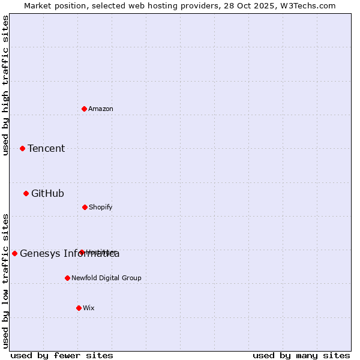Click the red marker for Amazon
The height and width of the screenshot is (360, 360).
(x=85, y=109)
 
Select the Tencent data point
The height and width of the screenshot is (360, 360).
(x=23, y=148)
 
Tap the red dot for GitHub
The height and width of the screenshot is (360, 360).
(x=26, y=193)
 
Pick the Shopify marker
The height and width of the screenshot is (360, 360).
(x=85, y=207)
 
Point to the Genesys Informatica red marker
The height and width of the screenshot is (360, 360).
(x=15, y=253)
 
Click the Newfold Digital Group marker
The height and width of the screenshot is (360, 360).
(x=67, y=278)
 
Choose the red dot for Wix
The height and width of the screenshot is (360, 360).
(x=79, y=308)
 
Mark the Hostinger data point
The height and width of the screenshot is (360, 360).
(x=82, y=252)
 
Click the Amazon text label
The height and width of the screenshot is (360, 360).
(x=101, y=109)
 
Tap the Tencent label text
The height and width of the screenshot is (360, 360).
(x=46, y=148)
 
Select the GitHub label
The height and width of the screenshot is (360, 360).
(x=47, y=193)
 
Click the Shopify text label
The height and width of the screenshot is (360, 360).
(x=101, y=207)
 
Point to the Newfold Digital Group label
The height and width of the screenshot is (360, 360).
(x=106, y=278)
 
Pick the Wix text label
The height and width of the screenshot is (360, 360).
(x=89, y=308)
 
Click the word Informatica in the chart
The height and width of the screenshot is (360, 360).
(x=94, y=254)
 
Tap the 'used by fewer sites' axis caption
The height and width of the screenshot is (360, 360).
(x=62, y=355)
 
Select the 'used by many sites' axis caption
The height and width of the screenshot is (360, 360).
(x=301, y=355)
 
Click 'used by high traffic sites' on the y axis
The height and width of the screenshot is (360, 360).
(x=6, y=85)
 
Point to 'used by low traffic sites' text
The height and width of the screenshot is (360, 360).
(x=6, y=281)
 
